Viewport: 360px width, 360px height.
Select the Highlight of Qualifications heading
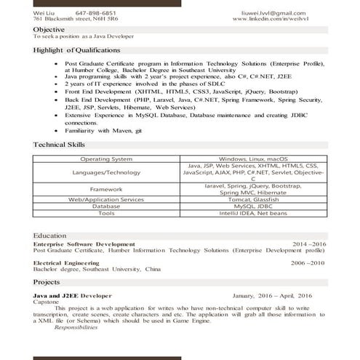click(76, 50)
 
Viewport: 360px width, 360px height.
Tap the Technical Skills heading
click(60, 145)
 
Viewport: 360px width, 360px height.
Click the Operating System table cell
click(106, 159)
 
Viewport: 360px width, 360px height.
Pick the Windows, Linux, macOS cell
click(253, 159)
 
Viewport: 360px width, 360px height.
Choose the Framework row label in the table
click(106, 189)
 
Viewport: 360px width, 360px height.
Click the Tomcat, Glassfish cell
click(253, 199)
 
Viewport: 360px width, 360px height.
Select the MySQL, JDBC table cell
click(253, 207)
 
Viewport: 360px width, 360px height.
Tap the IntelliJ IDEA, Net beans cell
click(253, 214)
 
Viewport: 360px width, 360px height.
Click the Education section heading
click(50, 236)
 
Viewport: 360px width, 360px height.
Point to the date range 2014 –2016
click(309, 244)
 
